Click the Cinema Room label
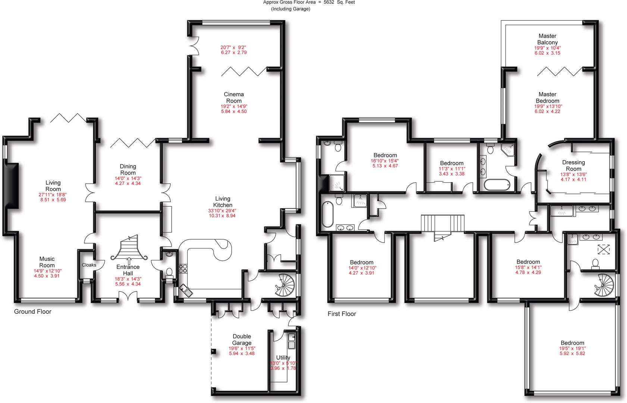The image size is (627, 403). (x=234, y=97)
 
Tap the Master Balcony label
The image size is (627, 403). (x=547, y=39)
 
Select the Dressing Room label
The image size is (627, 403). (x=573, y=165)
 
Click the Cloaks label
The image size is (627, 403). (x=89, y=265)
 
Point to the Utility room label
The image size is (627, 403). (x=283, y=357)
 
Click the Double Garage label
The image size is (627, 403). (x=242, y=340)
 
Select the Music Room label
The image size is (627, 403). (x=47, y=262)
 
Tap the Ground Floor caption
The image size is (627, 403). (x=33, y=312)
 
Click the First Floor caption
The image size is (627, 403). (x=342, y=314)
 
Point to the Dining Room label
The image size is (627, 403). (x=128, y=169)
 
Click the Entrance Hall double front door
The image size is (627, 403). (x=128, y=296)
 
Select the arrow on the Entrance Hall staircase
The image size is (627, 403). (x=129, y=260)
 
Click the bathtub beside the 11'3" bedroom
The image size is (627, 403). (x=496, y=184)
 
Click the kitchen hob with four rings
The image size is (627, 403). (x=183, y=269)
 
